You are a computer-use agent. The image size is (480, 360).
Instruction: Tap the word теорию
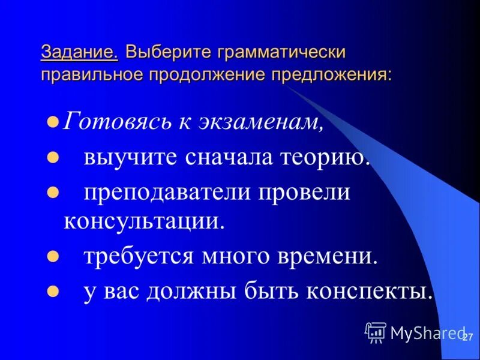[322, 158]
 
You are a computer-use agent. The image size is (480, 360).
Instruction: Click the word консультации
[144, 221]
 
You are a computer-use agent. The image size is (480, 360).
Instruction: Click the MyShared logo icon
[376, 332]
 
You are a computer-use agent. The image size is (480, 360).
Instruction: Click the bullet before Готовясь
[52, 123]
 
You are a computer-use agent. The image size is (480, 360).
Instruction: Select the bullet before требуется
[52, 256]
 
